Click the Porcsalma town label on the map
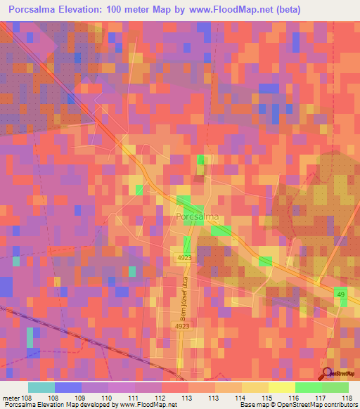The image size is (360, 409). (x=198, y=217)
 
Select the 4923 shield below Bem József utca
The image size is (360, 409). (x=182, y=326)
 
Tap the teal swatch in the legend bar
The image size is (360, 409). (x=41, y=387)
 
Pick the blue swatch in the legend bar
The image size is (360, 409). (x=68, y=387)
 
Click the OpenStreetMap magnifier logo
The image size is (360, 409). (x=327, y=373)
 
